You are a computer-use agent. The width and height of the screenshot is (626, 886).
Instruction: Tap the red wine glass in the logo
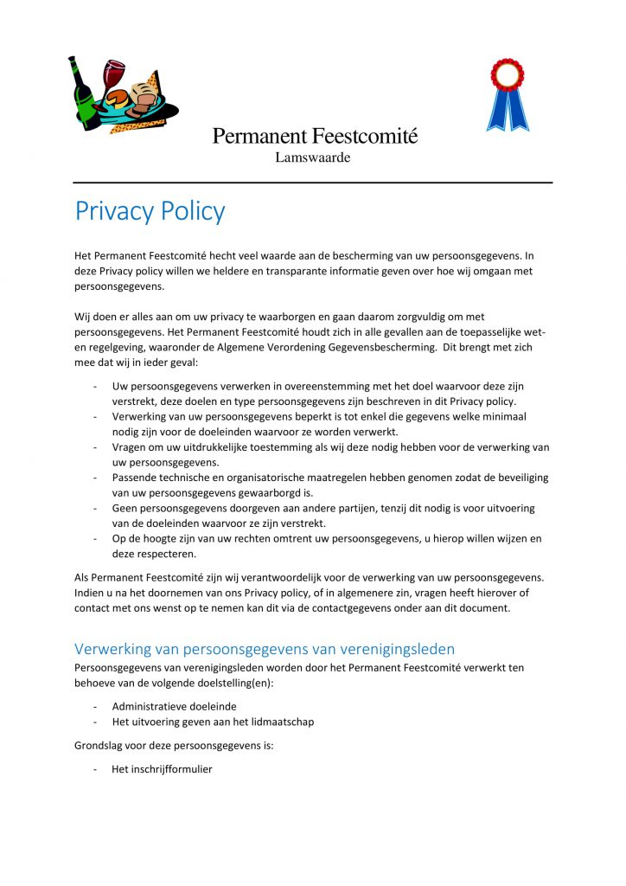tap(112, 74)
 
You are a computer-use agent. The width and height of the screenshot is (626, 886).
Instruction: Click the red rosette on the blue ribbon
tap(507, 75)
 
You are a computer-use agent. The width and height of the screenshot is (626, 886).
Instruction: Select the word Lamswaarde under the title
tap(312, 157)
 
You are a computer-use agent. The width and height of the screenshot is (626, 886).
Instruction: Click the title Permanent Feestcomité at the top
tap(315, 136)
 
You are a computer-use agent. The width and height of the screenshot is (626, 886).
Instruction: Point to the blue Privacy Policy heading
tap(150, 211)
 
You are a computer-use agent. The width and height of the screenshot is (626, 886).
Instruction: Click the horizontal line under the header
tap(312, 183)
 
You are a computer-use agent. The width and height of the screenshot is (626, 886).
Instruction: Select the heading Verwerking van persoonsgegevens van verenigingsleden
tap(264, 649)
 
